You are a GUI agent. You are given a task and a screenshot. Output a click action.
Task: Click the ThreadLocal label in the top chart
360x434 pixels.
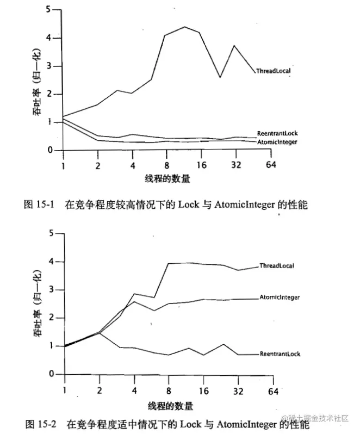(274, 71)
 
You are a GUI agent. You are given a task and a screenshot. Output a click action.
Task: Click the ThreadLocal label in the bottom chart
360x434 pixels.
(277, 266)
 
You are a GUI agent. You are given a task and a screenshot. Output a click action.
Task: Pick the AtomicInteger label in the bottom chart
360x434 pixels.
(280, 297)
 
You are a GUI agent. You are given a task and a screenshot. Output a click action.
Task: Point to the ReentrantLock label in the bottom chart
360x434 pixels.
(280, 354)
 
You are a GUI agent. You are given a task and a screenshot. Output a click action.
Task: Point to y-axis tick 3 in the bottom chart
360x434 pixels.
(52, 289)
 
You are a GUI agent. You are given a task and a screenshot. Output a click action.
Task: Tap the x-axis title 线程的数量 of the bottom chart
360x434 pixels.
(169, 406)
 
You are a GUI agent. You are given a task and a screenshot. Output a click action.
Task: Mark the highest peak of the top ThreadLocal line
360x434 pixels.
(185, 27)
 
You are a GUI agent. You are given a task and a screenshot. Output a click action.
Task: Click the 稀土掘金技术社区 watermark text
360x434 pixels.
(321, 418)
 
